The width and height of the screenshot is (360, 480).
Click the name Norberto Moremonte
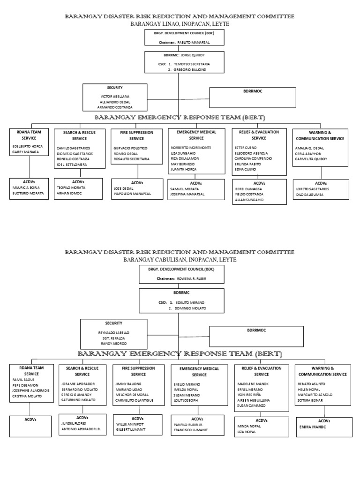tap(191, 148)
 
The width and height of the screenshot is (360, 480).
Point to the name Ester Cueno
tap(246, 148)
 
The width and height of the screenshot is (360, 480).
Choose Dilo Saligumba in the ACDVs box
tap(311, 194)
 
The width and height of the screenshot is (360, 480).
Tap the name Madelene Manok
tap(254, 383)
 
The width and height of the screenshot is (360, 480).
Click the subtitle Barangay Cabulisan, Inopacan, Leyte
tap(180, 259)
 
